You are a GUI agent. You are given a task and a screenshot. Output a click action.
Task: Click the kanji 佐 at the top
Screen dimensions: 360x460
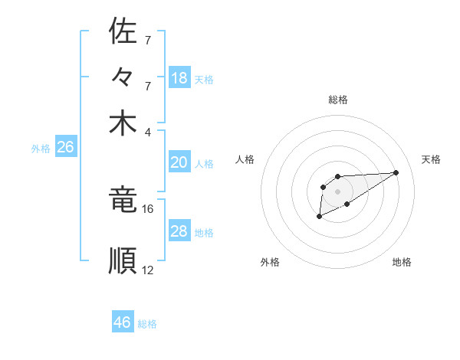click(123, 32)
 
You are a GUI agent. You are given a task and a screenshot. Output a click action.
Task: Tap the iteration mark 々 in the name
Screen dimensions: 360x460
click(123, 77)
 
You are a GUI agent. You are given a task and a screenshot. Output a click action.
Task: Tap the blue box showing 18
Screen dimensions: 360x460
click(179, 78)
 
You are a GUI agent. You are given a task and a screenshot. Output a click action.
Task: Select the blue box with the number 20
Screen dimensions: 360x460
click(179, 162)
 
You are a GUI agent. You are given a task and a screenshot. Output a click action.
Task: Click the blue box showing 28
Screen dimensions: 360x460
click(179, 231)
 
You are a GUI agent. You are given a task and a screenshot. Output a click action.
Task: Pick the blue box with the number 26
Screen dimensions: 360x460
click(65, 148)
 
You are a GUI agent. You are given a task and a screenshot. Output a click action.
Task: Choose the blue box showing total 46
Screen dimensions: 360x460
click(123, 322)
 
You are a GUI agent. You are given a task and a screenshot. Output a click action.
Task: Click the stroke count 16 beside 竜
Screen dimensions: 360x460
click(148, 208)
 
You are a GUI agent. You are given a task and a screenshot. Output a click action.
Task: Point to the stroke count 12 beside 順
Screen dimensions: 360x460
click(148, 270)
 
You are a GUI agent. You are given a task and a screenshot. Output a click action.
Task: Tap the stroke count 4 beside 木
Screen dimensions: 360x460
click(148, 131)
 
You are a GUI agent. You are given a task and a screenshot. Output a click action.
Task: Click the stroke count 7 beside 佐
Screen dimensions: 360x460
click(148, 40)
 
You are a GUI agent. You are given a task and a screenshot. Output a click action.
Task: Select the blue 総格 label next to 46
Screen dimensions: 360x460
click(147, 324)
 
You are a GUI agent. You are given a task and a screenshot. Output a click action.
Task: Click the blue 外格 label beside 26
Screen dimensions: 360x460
click(41, 149)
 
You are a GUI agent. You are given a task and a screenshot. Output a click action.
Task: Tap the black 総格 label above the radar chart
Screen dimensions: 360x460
click(338, 100)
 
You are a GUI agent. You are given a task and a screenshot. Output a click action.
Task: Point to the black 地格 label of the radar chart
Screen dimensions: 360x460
click(402, 262)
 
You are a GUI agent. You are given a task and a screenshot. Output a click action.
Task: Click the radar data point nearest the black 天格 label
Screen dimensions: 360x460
click(396, 172)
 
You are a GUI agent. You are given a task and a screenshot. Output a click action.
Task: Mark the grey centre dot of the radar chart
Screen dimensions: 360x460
click(337, 191)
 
